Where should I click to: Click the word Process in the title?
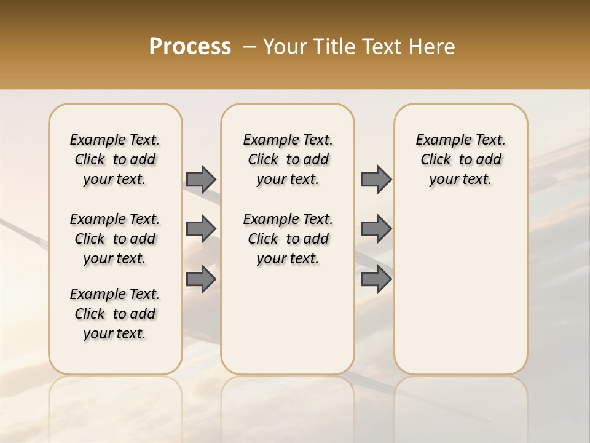[190, 46]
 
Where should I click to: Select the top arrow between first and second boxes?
[201, 179]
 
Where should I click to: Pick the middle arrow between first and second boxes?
[201, 229]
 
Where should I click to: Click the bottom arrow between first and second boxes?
[201, 279]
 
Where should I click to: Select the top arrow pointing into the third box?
[376, 179]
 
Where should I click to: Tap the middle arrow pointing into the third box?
[376, 229]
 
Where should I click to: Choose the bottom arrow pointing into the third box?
[376, 279]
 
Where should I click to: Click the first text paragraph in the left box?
[114, 159]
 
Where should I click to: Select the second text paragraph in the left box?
[114, 239]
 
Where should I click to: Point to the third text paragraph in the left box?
[114, 314]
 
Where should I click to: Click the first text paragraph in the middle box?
[288, 159]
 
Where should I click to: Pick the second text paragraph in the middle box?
[288, 239]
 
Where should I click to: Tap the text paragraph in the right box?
[460, 159]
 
